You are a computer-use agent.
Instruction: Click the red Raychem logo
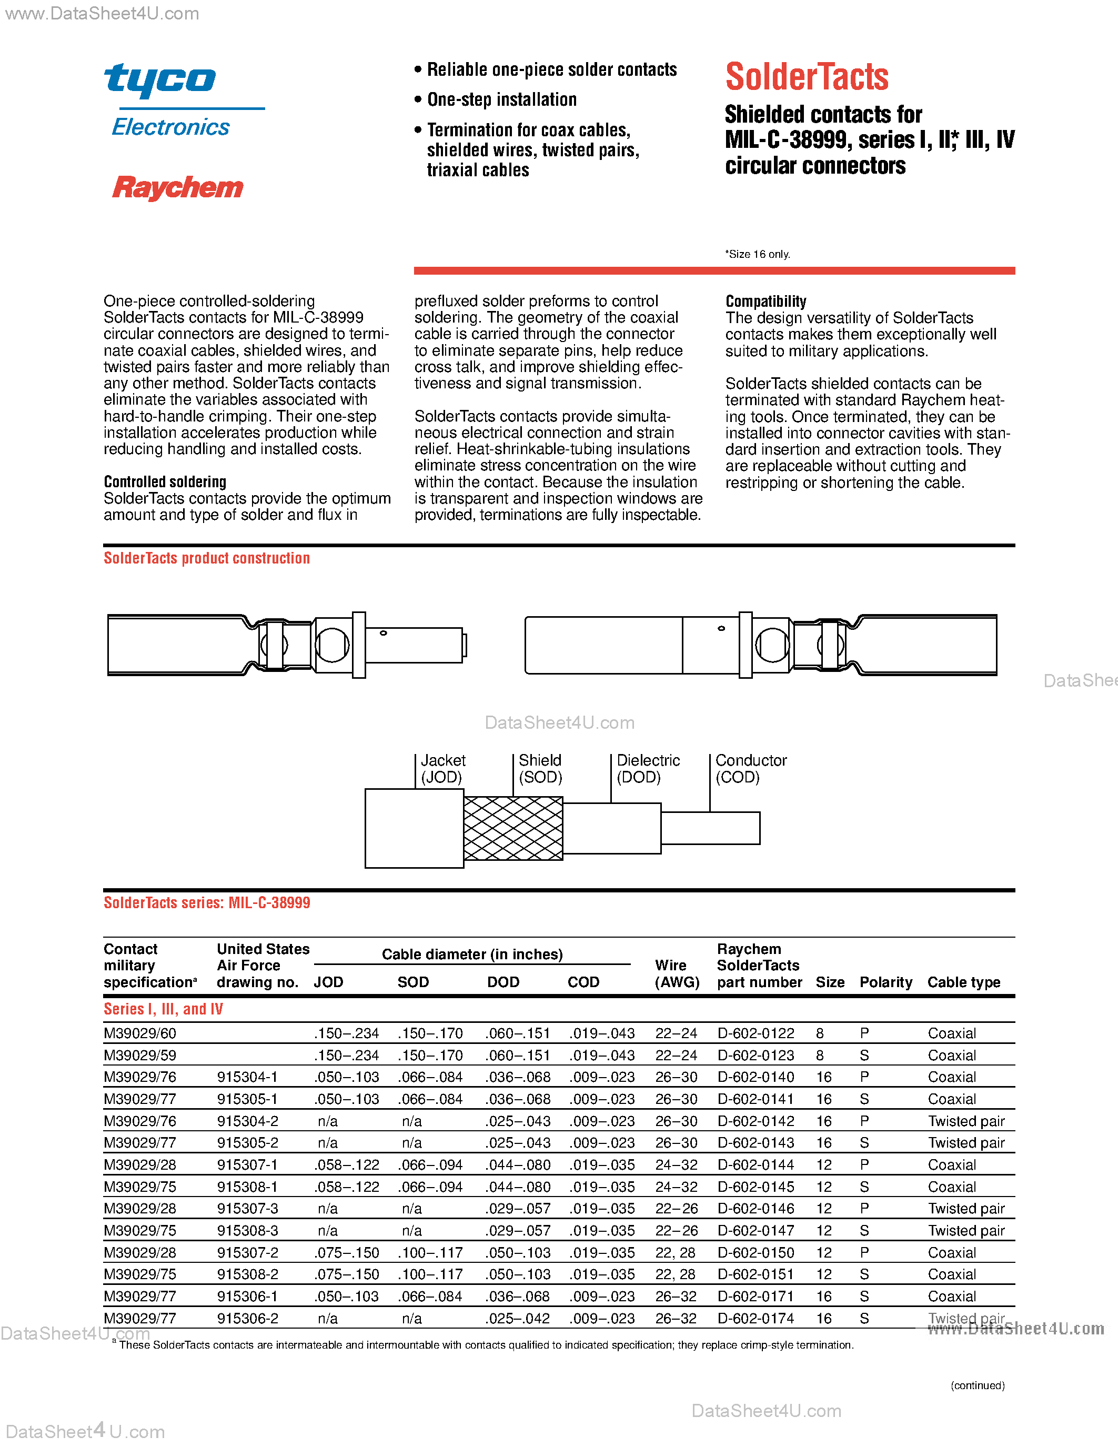(177, 187)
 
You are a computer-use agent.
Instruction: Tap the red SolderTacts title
(807, 77)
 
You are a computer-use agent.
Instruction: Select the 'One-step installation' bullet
(501, 100)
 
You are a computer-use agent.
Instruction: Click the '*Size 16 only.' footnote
(757, 255)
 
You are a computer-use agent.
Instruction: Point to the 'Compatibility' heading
(766, 302)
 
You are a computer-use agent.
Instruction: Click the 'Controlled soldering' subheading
(165, 481)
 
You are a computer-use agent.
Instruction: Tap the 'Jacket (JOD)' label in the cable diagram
(442, 769)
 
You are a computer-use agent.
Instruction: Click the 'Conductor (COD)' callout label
(750, 769)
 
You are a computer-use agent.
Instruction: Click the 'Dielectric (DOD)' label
(648, 769)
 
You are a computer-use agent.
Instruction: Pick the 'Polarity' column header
(885, 982)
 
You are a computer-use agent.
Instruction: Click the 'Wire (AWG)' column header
(676, 974)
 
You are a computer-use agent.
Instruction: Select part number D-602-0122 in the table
(756, 1033)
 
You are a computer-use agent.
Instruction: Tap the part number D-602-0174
(756, 1319)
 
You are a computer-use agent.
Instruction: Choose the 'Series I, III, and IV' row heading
(163, 1009)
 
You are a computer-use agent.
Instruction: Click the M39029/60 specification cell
(140, 1033)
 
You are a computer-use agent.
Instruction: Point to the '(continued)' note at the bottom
(978, 1385)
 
